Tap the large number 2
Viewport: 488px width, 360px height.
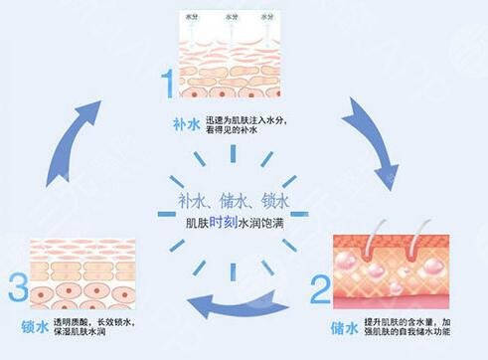coord(319,289)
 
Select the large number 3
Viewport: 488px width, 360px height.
coord(15,290)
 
